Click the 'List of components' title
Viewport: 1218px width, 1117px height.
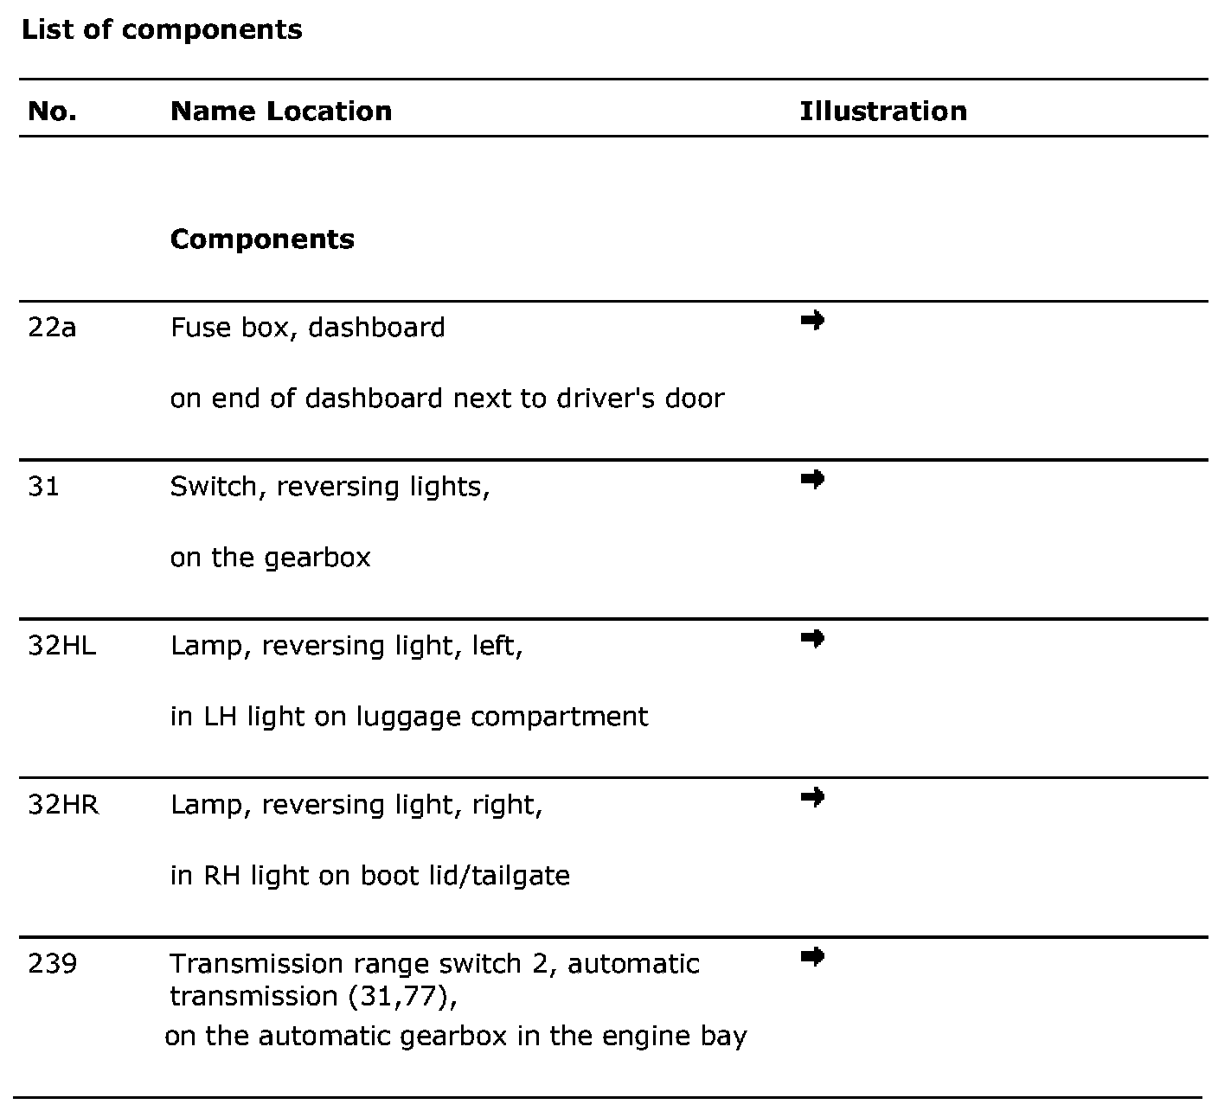(162, 29)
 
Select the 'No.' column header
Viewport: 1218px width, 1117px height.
(52, 111)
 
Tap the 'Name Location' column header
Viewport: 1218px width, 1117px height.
(281, 111)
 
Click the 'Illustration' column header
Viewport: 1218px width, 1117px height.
(883, 111)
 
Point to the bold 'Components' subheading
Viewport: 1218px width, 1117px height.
(262, 239)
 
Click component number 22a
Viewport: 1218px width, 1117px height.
(52, 328)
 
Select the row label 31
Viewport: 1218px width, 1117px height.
(43, 487)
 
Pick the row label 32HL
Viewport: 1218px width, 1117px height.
(62, 646)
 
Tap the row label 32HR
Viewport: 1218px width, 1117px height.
(63, 805)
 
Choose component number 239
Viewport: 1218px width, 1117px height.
(52, 964)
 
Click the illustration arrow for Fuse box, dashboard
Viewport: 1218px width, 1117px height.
(812, 321)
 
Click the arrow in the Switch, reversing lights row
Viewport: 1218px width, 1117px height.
(812, 479)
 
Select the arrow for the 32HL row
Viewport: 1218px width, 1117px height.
(812, 638)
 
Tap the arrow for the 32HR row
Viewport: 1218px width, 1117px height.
(812, 796)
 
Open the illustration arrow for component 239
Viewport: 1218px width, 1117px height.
(812, 955)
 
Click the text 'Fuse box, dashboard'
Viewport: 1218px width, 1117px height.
(308, 328)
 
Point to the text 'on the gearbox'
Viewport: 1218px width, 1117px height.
(270, 558)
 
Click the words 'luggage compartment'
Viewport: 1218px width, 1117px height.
(502, 717)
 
